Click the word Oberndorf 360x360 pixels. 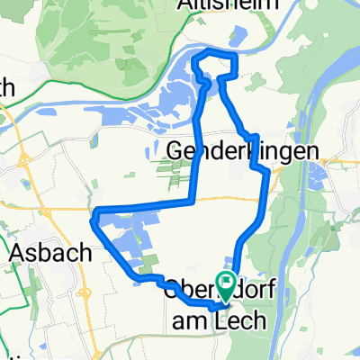193,289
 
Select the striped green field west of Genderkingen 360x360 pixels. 167,166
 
